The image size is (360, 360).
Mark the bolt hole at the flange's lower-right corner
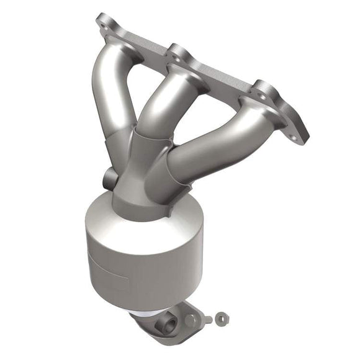(299, 131)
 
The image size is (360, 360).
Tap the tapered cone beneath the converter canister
(155, 304)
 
